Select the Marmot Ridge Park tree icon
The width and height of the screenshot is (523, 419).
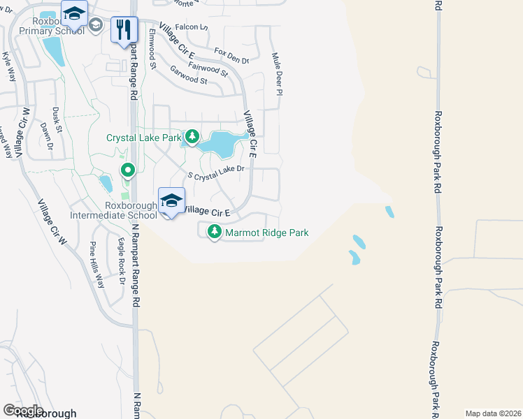[x=215, y=233]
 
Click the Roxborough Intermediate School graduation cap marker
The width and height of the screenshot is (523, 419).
[x=171, y=201]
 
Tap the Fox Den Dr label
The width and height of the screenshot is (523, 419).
[x=231, y=56]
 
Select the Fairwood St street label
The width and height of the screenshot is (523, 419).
[x=208, y=68]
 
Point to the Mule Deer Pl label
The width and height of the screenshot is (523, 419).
[x=277, y=73]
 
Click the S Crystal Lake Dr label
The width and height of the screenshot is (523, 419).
[x=216, y=172]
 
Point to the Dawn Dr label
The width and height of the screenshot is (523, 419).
[x=46, y=137]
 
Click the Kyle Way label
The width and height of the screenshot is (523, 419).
[x=8, y=66]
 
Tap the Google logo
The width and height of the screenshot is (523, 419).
[x=22, y=410]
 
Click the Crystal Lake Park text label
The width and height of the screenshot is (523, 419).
[x=143, y=138]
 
